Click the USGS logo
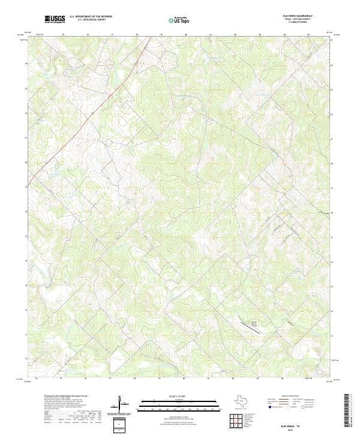point(55,19)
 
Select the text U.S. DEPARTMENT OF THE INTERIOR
point(91,16)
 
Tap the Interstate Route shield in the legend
point(269,406)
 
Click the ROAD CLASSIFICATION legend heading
point(291,396)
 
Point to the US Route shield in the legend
point(289,406)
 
